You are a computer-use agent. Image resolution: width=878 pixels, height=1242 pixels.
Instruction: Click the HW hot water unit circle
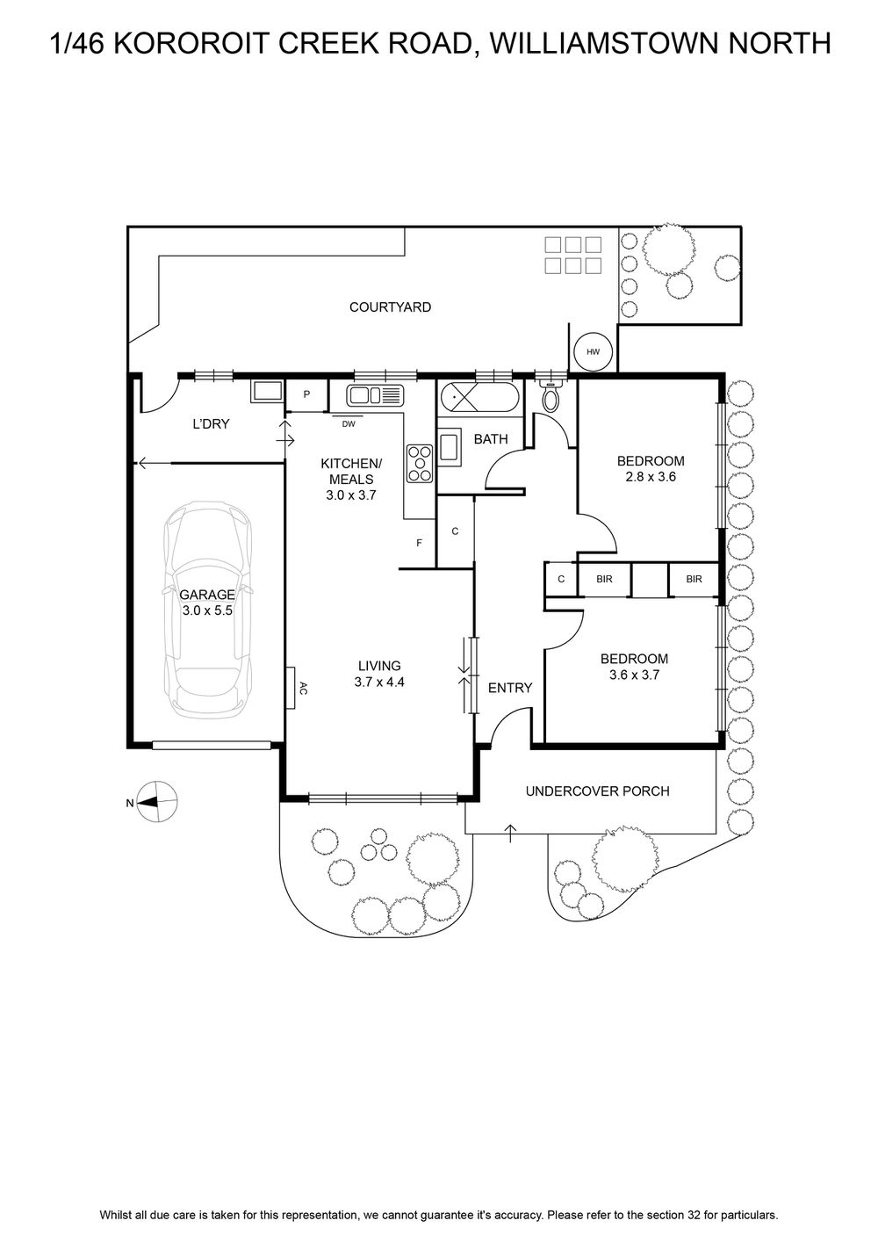594,351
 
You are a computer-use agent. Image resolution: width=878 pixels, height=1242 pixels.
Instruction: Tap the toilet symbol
551,395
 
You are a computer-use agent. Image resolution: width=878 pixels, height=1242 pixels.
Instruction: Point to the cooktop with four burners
421,463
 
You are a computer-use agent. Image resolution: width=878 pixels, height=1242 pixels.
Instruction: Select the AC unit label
303,688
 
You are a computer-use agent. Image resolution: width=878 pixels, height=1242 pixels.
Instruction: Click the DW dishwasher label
348,424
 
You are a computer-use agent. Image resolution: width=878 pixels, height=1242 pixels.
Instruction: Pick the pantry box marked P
306,394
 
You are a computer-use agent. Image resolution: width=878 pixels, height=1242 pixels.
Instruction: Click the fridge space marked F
420,543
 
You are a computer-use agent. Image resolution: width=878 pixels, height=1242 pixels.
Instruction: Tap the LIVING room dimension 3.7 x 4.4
379,682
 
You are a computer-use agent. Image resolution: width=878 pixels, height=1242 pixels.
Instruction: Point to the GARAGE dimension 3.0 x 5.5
207,610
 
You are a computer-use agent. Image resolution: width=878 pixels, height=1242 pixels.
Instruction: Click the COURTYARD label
390,307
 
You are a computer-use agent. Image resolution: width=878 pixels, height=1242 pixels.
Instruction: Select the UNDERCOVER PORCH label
598,791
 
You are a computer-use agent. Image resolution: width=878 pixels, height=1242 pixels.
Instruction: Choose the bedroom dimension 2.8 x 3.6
651,476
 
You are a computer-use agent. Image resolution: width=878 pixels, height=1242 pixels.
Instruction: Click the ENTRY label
510,688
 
